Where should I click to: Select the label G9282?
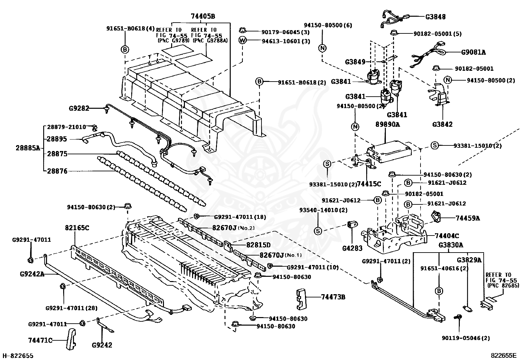pyautogui.click(x=79, y=108)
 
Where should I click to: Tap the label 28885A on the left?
pyautogui.click(x=27, y=148)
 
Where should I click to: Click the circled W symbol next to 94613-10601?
pyautogui.click(x=243, y=41)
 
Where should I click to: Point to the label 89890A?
pyautogui.click(x=388, y=124)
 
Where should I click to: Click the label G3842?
pyautogui.click(x=442, y=124)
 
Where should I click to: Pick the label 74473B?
pyautogui.click(x=333, y=297)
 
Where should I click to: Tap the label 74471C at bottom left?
pyautogui.click(x=40, y=341)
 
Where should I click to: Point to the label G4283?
pyautogui.click(x=352, y=248)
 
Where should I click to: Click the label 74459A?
pyautogui.click(x=468, y=218)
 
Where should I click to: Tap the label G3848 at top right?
pyautogui.click(x=435, y=17)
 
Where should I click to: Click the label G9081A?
pyautogui.click(x=474, y=52)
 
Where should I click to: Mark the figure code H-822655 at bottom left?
pyautogui.click(x=18, y=355)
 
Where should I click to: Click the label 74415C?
pyautogui.click(x=369, y=184)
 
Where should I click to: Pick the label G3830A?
pyautogui.click(x=451, y=245)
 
